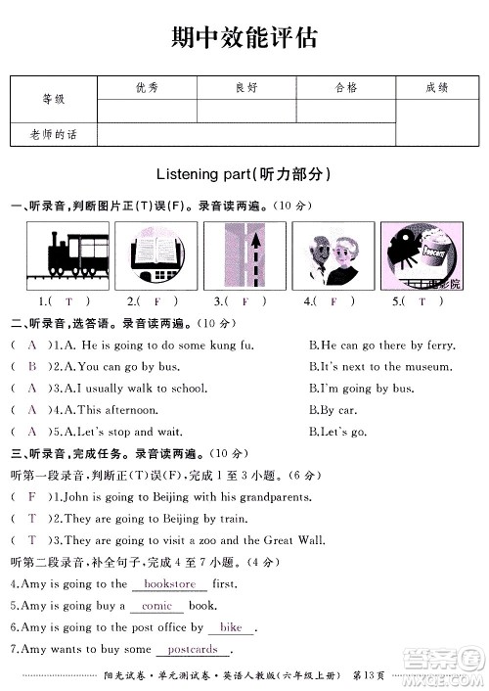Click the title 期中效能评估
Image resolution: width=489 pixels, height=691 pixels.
244,37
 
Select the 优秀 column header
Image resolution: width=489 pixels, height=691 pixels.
147,88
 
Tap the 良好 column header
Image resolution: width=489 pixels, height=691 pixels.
246,88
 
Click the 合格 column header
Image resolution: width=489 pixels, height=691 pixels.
345,88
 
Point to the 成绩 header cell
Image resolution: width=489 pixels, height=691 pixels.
437,88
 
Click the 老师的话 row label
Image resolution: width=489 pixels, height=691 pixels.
53,134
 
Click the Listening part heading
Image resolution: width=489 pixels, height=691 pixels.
244,174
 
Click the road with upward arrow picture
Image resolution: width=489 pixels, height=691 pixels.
245,253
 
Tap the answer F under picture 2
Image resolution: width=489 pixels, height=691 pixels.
157,300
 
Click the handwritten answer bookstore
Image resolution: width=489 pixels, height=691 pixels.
169,584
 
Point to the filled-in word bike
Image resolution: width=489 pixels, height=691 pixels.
231,627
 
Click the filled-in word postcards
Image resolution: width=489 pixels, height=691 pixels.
193,649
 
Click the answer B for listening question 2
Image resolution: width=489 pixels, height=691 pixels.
32,366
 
